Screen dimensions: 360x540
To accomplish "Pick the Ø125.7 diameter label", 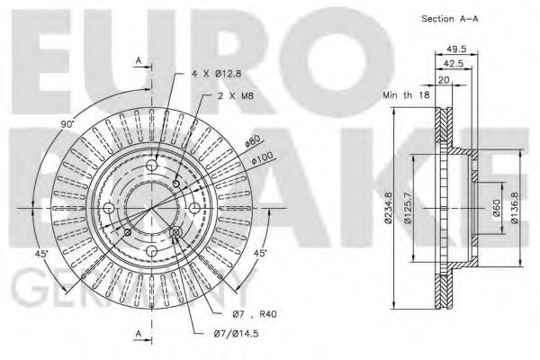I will tap(416, 209).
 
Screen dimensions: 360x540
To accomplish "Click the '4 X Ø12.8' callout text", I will tap(217, 74).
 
